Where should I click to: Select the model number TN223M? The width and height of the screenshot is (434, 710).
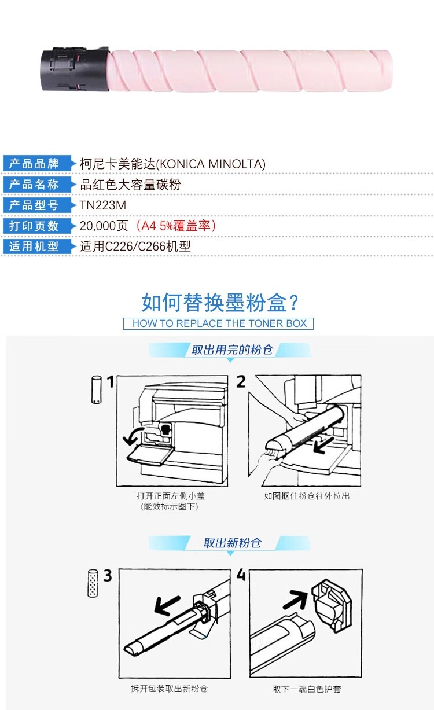(x=103, y=205)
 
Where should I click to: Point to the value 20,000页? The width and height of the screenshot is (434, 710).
(x=104, y=226)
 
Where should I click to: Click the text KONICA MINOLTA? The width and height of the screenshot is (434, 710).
(x=211, y=164)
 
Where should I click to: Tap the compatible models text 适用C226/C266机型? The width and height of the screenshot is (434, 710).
(x=135, y=247)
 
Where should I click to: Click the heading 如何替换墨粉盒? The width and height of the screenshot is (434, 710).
(x=220, y=303)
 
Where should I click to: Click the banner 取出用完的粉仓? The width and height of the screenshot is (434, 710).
(x=231, y=350)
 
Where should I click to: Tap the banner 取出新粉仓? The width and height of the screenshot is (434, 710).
(x=231, y=543)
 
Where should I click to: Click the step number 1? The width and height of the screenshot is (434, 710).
(x=110, y=382)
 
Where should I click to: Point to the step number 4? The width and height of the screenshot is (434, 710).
(x=241, y=575)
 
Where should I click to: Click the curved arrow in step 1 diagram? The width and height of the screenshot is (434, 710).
(x=133, y=436)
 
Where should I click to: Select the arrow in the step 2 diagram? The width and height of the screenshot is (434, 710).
(x=323, y=445)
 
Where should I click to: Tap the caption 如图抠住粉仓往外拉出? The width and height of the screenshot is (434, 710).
(x=307, y=496)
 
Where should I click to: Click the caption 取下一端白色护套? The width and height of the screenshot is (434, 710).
(x=307, y=689)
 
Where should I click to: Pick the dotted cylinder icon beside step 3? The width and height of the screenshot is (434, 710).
(x=92, y=583)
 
